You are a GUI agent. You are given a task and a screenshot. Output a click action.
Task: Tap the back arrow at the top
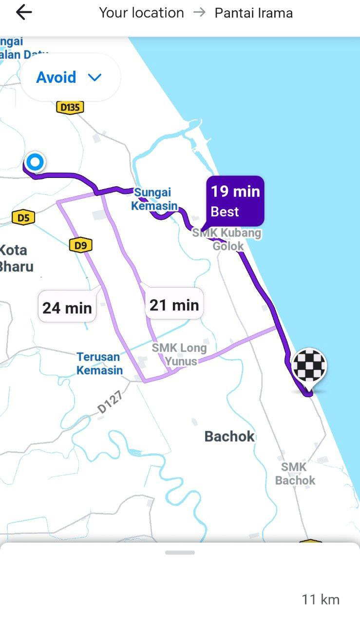click(x=23, y=13)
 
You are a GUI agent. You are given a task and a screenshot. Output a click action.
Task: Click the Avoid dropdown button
click(x=69, y=78)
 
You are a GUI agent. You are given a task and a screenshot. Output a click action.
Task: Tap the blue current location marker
click(x=35, y=162)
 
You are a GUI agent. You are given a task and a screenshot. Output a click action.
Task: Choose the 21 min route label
click(x=174, y=305)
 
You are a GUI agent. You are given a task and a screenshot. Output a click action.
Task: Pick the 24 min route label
click(x=67, y=308)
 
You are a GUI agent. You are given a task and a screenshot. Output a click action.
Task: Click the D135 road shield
click(x=70, y=107)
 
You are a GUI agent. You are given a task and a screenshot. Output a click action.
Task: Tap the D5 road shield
click(x=23, y=217)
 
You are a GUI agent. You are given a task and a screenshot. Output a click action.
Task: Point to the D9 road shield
click(x=80, y=245)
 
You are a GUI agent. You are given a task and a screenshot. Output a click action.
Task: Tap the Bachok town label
click(x=229, y=436)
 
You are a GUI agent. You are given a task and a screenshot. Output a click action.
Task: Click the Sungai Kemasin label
click(x=154, y=199)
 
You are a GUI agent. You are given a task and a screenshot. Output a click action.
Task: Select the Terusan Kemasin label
click(x=99, y=364)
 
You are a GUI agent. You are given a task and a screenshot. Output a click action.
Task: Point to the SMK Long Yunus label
click(x=180, y=354)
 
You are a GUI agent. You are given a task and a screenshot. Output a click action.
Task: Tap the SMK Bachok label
click(x=295, y=474)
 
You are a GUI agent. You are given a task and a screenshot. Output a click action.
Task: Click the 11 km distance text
click(x=320, y=600)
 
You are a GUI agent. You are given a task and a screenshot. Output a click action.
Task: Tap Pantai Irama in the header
click(x=253, y=13)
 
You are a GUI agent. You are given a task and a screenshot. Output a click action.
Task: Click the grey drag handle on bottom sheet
click(x=180, y=552)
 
